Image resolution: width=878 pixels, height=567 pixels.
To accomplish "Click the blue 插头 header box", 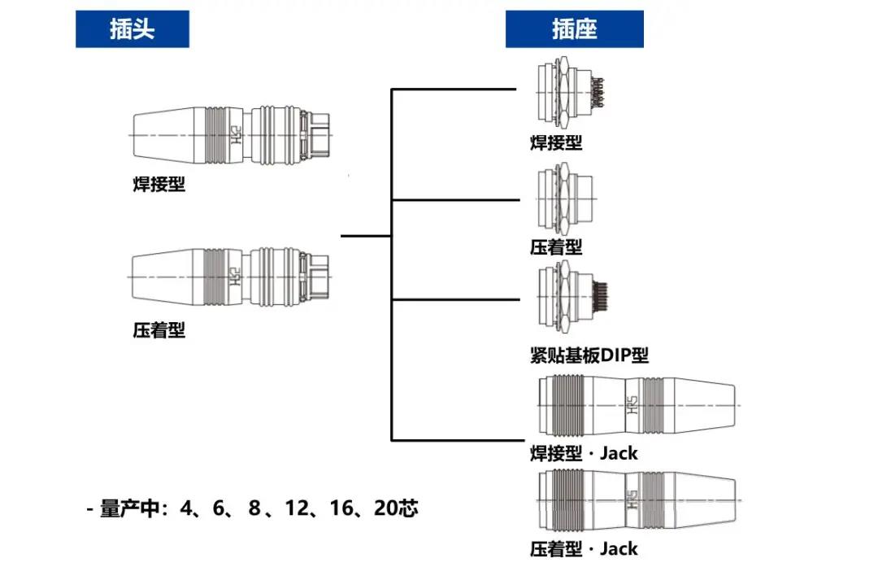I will (x=133, y=29).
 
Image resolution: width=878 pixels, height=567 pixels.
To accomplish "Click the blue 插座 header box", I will (x=574, y=29).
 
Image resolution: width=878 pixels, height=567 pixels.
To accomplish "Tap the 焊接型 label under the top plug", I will (x=159, y=185).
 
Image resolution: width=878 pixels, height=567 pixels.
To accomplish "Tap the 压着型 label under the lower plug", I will (x=159, y=330).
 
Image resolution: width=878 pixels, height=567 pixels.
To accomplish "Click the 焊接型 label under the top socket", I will (x=556, y=143).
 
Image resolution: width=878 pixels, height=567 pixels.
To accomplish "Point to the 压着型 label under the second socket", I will (x=556, y=246).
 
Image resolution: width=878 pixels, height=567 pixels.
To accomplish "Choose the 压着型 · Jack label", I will (x=584, y=549).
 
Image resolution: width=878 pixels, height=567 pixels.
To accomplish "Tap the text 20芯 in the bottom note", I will (x=396, y=509).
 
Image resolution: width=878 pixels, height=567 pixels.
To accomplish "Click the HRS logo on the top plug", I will (x=237, y=134).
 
